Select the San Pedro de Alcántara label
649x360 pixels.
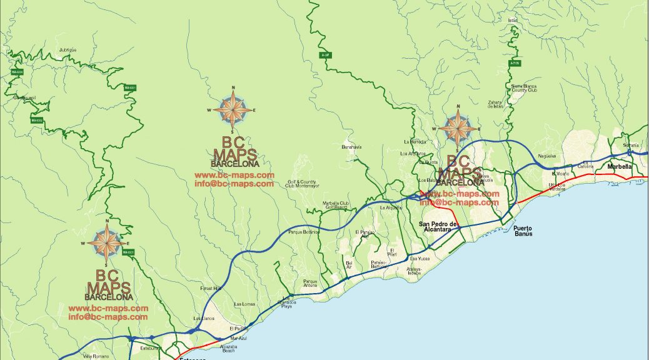coord(438,226)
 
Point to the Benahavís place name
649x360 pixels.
coord(351,147)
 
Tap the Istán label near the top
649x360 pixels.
coord(513,20)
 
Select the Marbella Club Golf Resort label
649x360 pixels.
coord(335,205)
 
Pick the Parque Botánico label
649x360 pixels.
coord(304,232)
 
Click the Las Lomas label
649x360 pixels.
coord(244,304)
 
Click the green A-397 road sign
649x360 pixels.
coord(324,55)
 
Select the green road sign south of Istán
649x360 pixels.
coord(515,63)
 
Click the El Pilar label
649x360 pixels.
coord(392,252)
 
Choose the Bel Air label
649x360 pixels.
coord(349,265)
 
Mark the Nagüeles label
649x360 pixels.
coord(546,156)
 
